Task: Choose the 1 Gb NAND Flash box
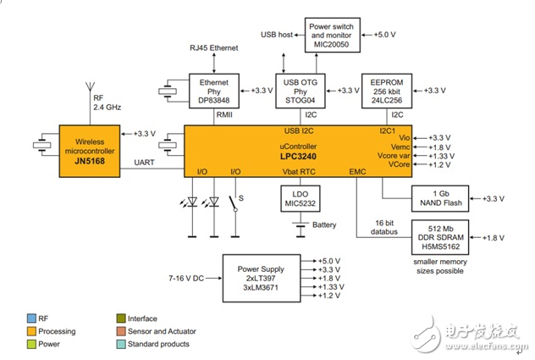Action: click(440, 197)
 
